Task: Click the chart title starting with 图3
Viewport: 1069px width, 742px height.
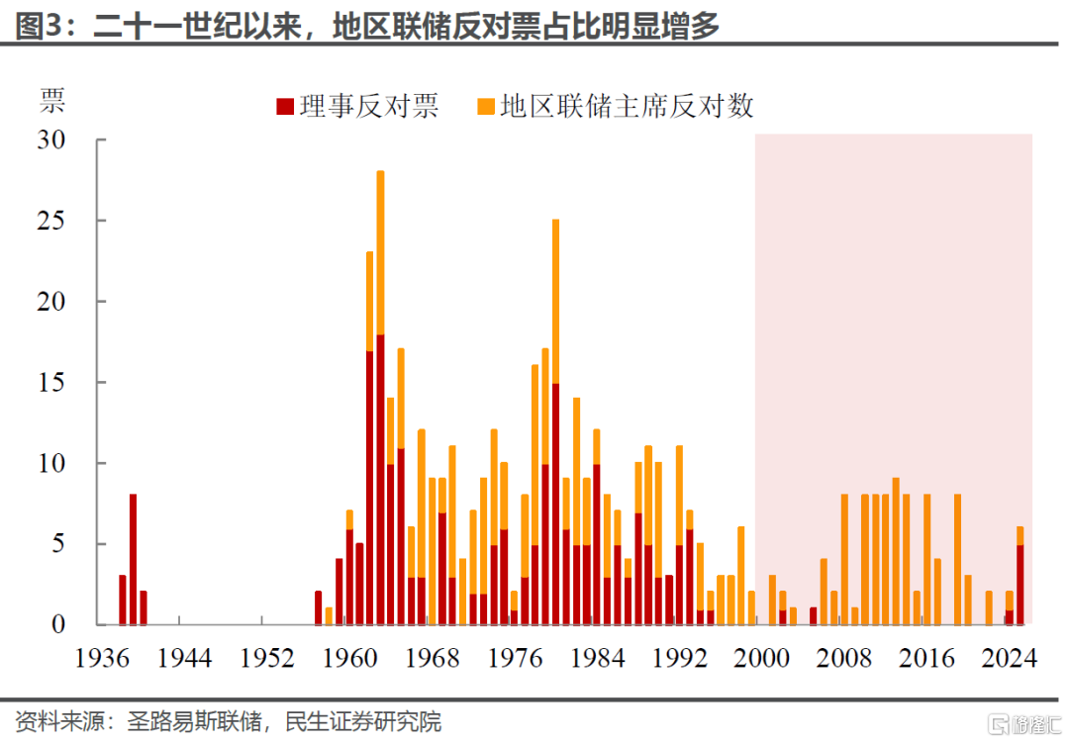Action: [x=367, y=27]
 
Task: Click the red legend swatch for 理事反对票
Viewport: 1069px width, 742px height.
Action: [x=284, y=106]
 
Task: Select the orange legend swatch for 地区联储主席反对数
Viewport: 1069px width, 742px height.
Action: [x=486, y=106]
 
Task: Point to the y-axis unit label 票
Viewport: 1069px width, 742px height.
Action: [x=51, y=100]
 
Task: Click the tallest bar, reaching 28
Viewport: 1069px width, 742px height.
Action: [x=380, y=396]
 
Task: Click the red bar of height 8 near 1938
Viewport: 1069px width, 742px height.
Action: [x=133, y=559]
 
